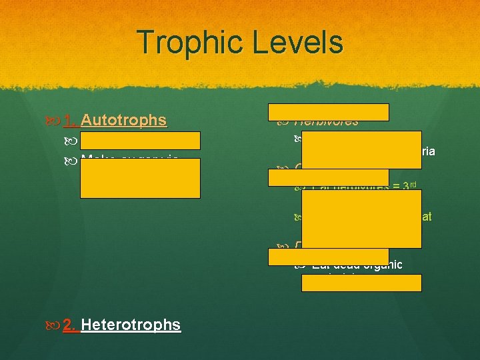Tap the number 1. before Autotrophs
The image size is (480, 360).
point(71,120)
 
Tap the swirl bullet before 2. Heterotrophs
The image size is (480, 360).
point(55,325)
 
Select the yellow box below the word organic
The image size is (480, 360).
point(361,283)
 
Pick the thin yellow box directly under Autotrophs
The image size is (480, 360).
point(140,140)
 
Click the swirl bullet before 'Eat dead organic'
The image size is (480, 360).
point(300,265)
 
